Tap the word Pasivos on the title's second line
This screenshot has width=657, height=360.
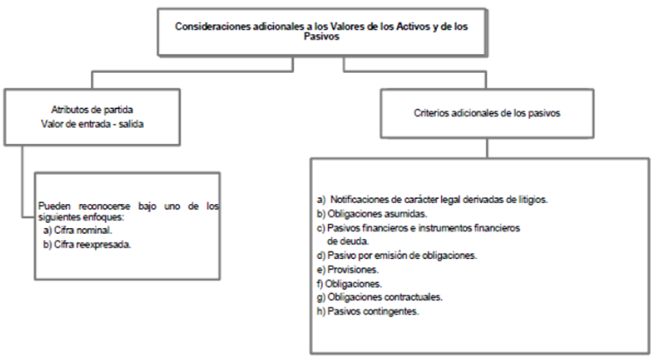tap(321, 37)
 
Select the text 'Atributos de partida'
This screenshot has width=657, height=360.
tap(93, 110)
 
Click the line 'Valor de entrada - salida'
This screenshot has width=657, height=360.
tap(93, 124)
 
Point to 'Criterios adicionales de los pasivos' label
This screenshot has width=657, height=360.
tap(487, 113)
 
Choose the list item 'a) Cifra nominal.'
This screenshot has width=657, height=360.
tap(77, 230)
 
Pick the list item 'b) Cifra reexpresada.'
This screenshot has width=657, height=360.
tap(87, 244)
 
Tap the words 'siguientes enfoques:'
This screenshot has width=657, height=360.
tap(81, 217)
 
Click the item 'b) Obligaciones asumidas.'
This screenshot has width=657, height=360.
tap(372, 213)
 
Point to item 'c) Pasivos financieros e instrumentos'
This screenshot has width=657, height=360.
tap(419, 228)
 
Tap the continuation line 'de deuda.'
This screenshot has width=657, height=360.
tap(348, 242)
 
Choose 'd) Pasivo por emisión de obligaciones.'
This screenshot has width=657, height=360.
tap(397, 255)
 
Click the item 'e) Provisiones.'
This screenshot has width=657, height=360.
tap(348, 269)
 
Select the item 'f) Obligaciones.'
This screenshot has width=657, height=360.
tap(349, 284)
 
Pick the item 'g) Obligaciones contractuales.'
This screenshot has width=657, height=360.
tap(380, 297)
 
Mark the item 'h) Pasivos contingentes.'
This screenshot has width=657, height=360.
tap(367, 311)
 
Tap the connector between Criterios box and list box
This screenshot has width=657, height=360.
tap(487, 148)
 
